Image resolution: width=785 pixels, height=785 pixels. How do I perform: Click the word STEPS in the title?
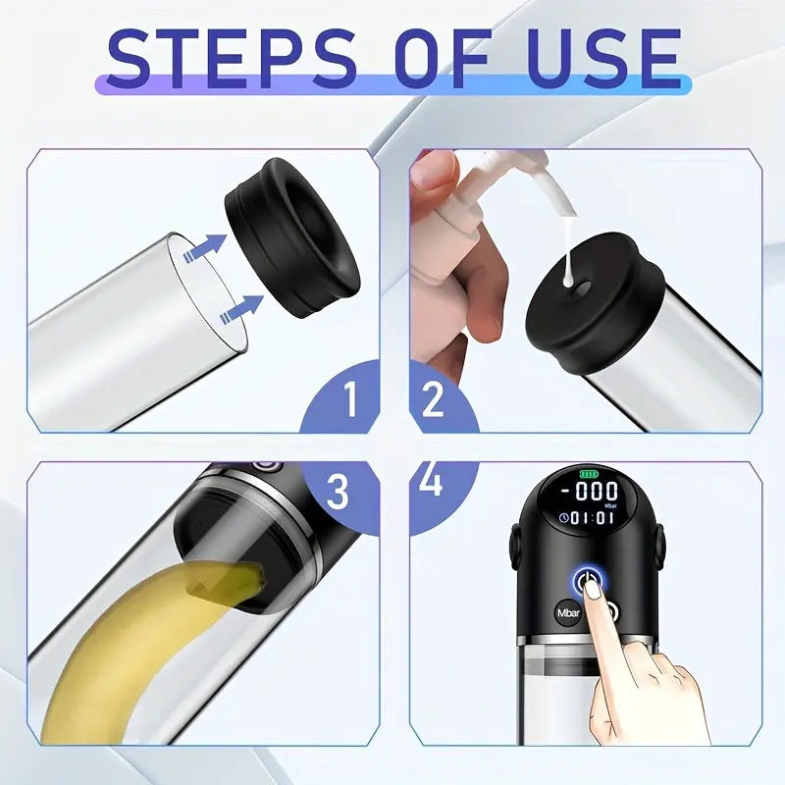(232, 59)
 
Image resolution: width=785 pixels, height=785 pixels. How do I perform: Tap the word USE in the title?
(603, 59)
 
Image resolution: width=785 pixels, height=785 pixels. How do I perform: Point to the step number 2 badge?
(441, 397)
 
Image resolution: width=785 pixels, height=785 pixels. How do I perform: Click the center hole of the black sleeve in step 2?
(581, 288)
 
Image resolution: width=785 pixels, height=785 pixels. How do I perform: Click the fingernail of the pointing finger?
(593, 591)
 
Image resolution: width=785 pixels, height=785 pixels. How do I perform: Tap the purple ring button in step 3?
(265, 465)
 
